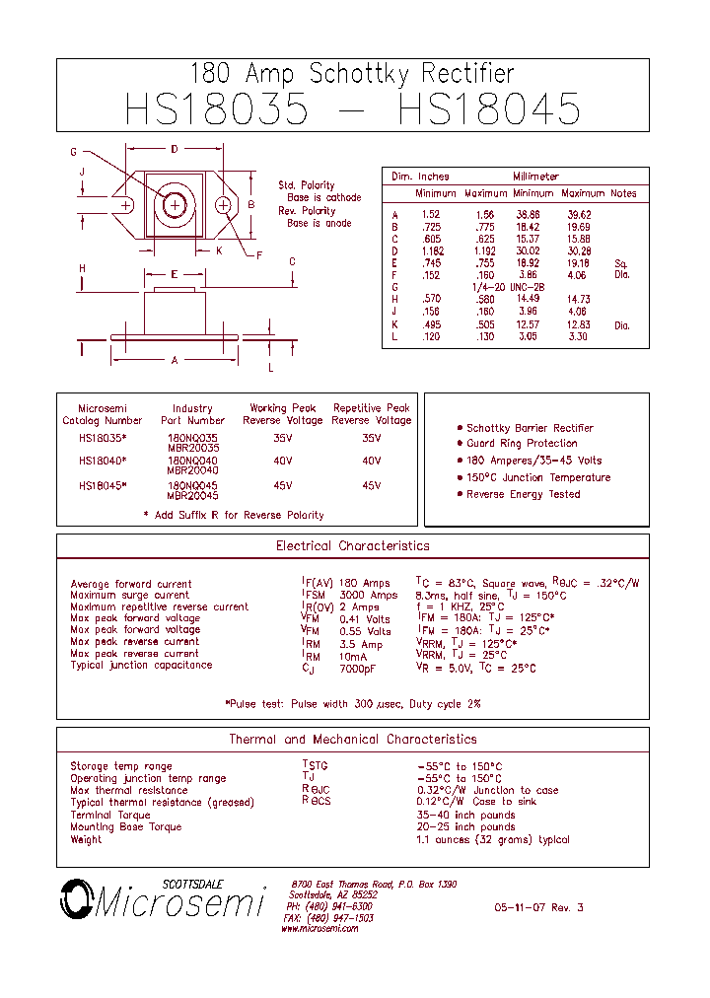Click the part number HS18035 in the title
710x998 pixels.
tap(216, 108)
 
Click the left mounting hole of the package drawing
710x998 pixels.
tap(125, 205)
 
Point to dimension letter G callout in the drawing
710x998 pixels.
tap(73, 152)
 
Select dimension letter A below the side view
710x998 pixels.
tap(175, 361)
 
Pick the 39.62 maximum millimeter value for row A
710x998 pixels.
tap(579, 215)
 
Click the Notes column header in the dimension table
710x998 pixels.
tap(623, 194)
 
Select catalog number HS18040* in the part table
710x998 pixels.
tap(103, 461)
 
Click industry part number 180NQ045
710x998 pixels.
tap(193, 486)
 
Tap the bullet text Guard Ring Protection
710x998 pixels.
tap(522, 444)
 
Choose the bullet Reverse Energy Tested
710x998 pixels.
tap(523, 494)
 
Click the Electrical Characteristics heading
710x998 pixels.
tap(352, 546)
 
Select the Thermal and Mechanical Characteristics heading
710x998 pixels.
tap(352, 740)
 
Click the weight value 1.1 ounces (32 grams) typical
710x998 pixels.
tap(492, 840)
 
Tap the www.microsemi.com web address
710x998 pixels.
tap(319, 929)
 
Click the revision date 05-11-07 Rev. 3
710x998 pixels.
tap(538, 907)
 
